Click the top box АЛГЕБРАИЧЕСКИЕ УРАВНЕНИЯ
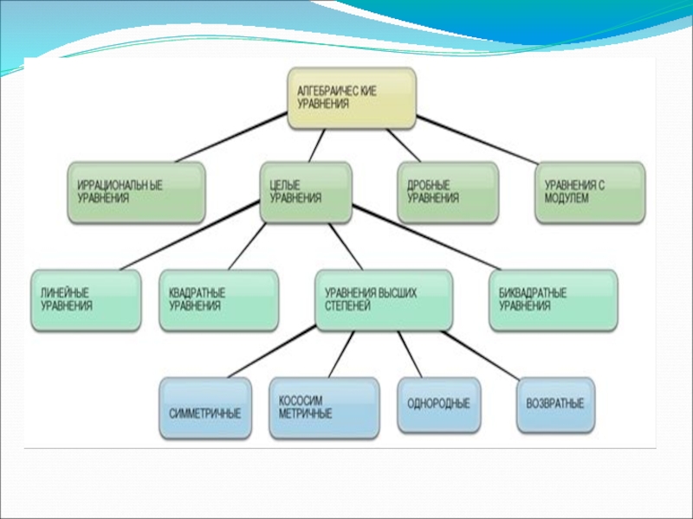coord(352,99)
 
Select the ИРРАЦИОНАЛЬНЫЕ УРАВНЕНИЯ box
coord(136,193)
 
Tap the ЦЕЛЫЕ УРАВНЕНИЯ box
coord(306,193)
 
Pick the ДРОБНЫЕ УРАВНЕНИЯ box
coord(449,193)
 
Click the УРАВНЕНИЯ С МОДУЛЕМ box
coord(590,193)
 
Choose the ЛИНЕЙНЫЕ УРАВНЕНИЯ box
coord(86,300)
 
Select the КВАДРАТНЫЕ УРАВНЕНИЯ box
coord(218,300)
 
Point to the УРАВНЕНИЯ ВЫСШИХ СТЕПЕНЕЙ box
coord(383,300)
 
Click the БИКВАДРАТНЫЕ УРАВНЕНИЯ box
coord(554,300)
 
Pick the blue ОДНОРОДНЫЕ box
coord(439,405)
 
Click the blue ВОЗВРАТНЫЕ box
coord(555,405)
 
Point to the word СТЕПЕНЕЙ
coord(346,306)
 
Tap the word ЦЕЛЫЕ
coord(286,185)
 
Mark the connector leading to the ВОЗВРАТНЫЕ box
coord(485,355)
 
